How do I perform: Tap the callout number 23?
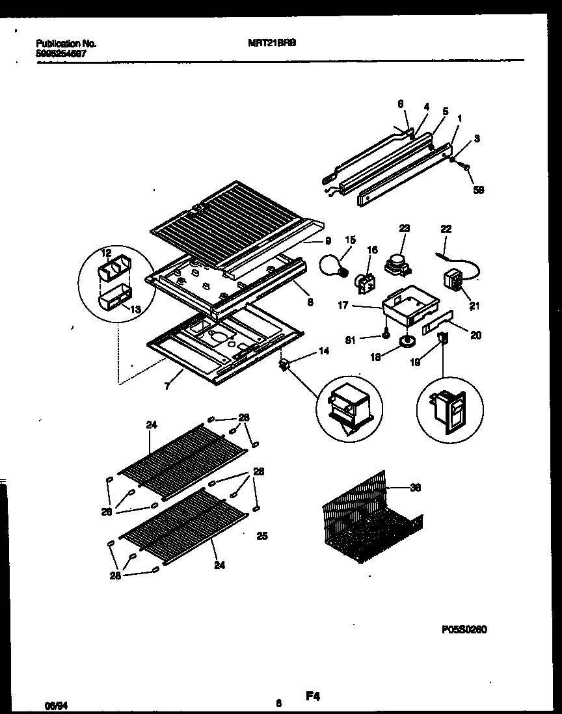[x=405, y=228]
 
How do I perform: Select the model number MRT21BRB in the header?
[x=269, y=44]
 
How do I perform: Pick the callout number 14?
[x=324, y=351]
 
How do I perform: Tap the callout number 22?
[x=446, y=229]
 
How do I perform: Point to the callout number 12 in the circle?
[x=107, y=252]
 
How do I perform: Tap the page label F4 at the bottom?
[x=314, y=696]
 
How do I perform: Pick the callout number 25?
[x=262, y=536]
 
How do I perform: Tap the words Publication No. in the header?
[x=66, y=44]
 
